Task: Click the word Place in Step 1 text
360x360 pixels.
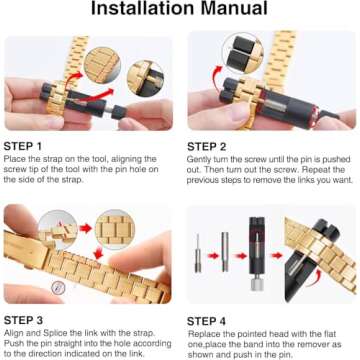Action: click(17, 160)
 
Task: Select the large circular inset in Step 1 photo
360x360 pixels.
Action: click(101, 63)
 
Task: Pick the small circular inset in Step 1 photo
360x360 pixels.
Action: click(141, 77)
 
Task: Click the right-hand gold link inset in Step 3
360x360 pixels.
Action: click(117, 227)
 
